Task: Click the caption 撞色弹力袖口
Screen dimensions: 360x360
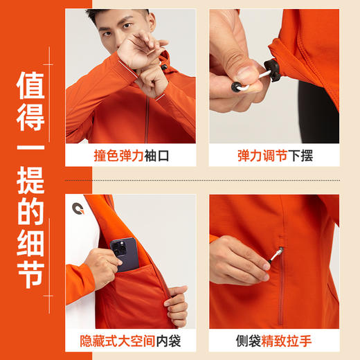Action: coord(129,156)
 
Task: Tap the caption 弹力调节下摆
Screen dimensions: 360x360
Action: coord(275,156)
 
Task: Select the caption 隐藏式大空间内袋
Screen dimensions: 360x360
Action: coord(129,341)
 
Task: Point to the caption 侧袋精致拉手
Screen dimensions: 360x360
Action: coord(275,341)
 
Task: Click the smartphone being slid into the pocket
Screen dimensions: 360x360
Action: coord(125,251)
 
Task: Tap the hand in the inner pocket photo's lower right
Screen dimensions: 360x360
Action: coord(177,305)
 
